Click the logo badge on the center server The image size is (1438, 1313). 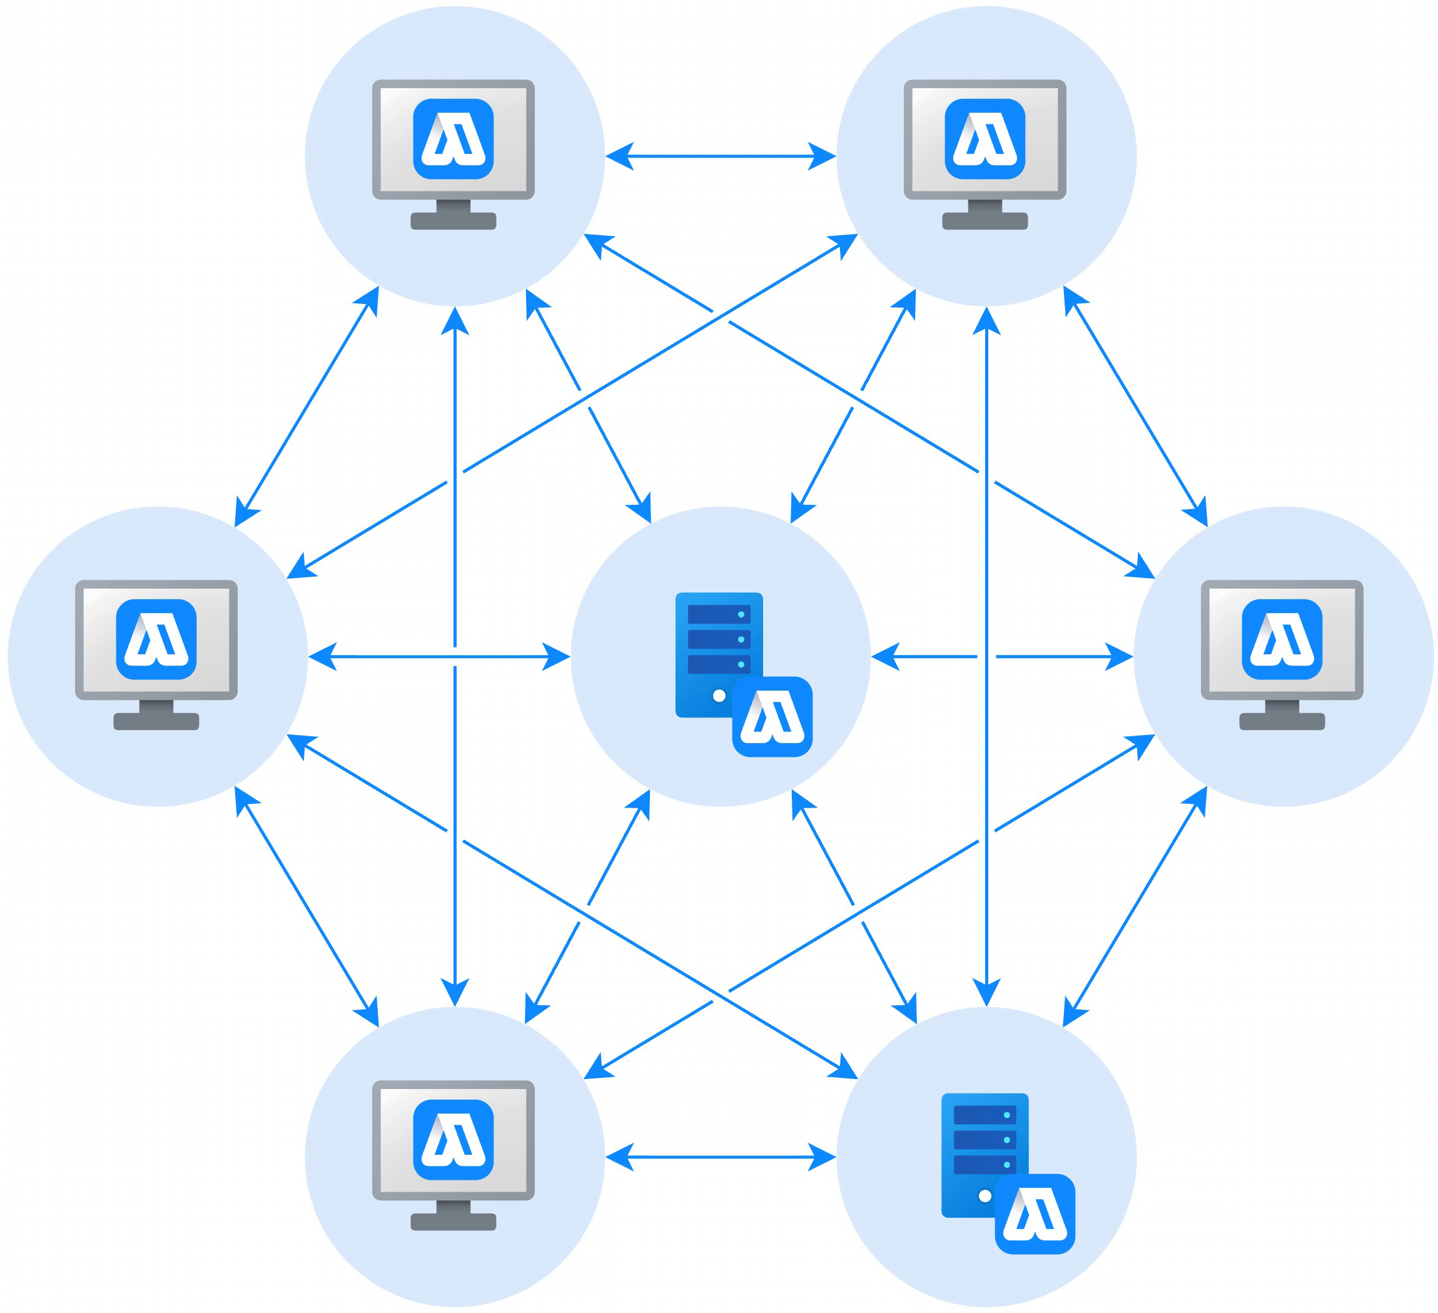(x=772, y=716)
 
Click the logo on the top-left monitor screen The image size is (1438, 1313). (x=453, y=138)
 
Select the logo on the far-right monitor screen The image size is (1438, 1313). (x=1282, y=639)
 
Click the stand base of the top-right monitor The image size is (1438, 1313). (x=985, y=221)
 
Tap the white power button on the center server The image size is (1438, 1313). (x=719, y=696)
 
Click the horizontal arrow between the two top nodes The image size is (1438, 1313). (x=721, y=156)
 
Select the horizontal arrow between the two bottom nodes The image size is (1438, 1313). (x=721, y=1157)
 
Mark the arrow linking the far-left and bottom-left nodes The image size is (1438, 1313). (x=306, y=906)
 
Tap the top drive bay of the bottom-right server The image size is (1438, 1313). (x=985, y=1115)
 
